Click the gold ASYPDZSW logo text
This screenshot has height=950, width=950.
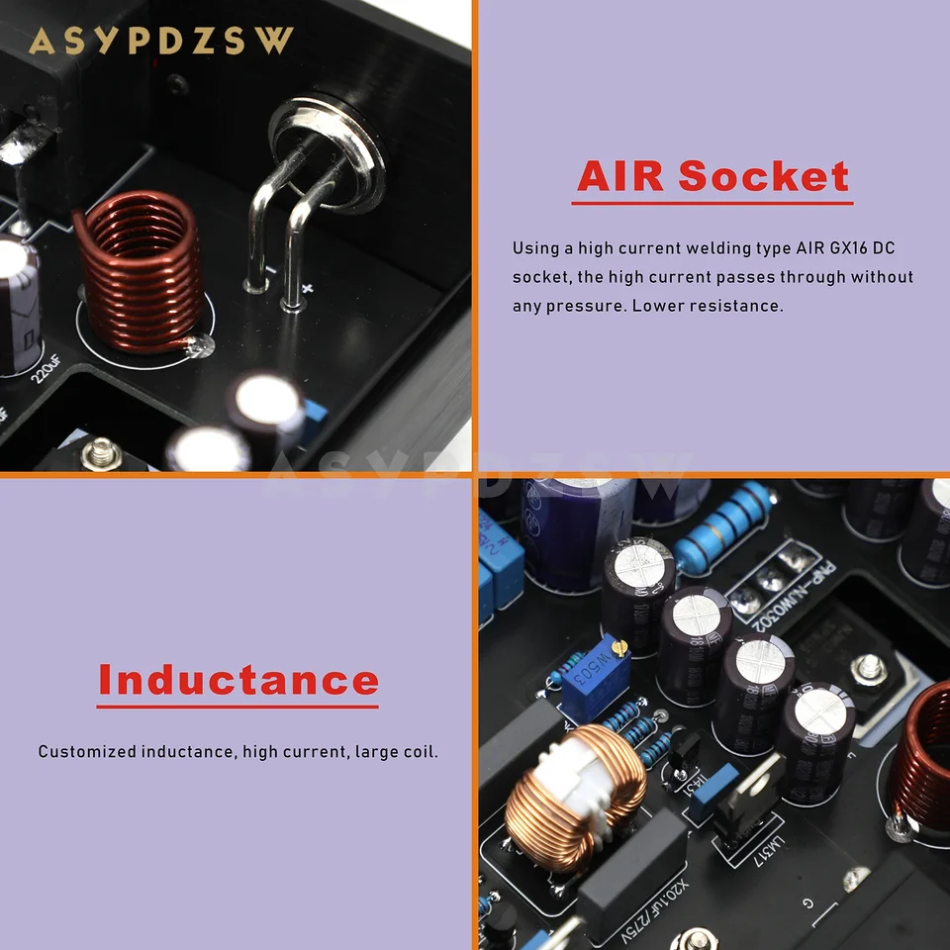161,41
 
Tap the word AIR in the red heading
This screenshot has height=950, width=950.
621,176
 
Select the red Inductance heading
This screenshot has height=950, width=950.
237,681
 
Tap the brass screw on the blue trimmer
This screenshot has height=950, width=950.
620,648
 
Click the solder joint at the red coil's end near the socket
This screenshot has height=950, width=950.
198,346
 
